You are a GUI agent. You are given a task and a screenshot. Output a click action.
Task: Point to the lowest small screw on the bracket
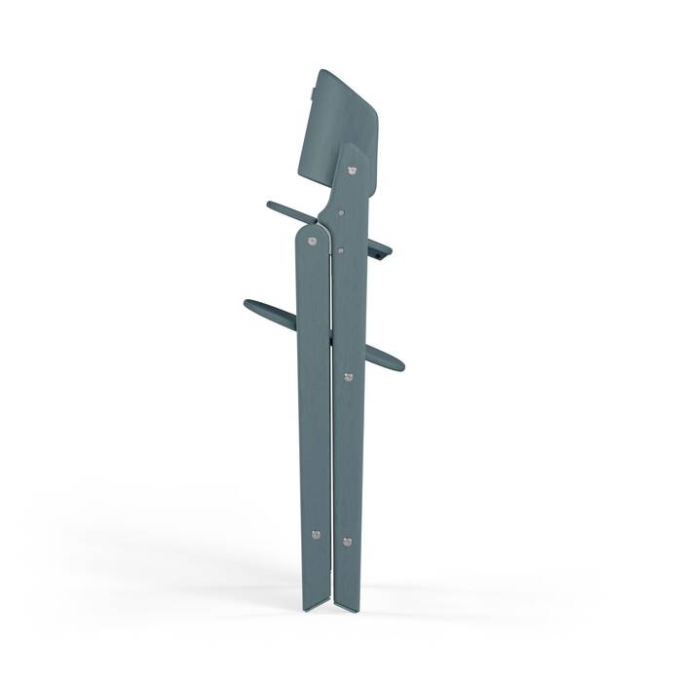(x=340, y=250)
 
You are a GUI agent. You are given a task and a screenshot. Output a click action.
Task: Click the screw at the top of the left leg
(x=311, y=239)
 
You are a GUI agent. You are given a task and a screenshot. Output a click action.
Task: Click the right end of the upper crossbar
(x=388, y=255)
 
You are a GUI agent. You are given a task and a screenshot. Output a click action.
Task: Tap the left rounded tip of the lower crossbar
(x=249, y=305)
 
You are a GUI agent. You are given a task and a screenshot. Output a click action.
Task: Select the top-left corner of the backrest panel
(x=321, y=71)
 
